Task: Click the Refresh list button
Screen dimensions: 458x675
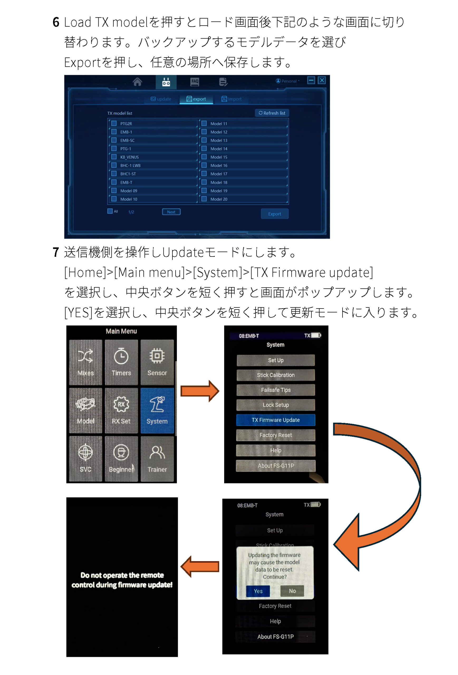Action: click(x=272, y=113)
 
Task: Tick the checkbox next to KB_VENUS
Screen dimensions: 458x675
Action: click(x=114, y=157)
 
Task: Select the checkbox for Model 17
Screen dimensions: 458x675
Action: click(x=204, y=174)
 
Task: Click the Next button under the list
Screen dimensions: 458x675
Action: click(x=171, y=212)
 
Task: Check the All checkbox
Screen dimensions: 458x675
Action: click(x=110, y=211)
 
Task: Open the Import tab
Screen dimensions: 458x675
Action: click(x=232, y=99)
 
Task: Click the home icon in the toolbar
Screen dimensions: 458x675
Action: click(x=137, y=82)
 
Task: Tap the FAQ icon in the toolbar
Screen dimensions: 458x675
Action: click(x=195, y=82)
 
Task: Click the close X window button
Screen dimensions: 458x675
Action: click(x=322, y=80)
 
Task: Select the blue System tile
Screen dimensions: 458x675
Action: click(x=157, y=410)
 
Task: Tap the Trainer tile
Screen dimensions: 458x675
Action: click(x=157, y=459)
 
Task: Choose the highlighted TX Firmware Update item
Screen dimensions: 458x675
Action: click(x=276, y=420)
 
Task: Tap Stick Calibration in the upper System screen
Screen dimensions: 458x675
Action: click(x=276, y=375)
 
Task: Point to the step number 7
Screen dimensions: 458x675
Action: click(x=56, y=252)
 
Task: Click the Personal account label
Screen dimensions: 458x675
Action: click(x=287, y=81)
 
